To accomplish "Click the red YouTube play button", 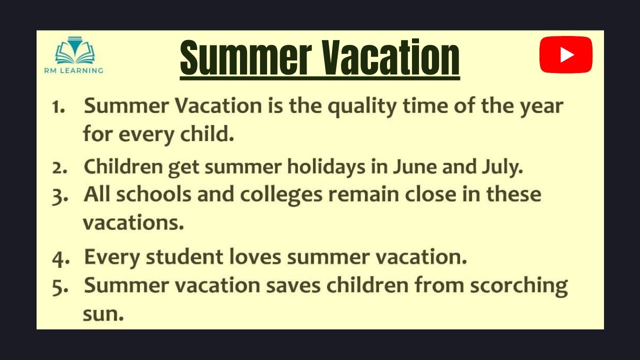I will (565, 54).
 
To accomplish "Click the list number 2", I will (59, 168).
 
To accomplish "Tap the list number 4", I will (59, 258).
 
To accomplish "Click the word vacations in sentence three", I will (133, 223).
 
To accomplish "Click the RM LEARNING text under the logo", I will (73, 70).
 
